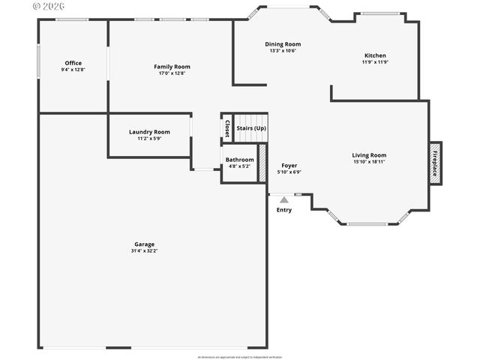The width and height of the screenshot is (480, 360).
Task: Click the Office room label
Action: [x=73, y=63]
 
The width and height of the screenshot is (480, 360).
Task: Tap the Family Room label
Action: [x=172, y=67]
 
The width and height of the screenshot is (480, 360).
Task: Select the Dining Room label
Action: [x=283, y=44]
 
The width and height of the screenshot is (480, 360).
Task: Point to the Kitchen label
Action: [x=376, y=55]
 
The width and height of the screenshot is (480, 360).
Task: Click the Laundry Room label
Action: [x=149, y=132]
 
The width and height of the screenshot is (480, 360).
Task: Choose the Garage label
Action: [x=144, y=244]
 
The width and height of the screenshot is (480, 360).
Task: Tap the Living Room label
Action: [x=369, y=155]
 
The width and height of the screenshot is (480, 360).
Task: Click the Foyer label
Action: [x=289, y=165]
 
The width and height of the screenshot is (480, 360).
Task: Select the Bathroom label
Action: [x=239, y=160]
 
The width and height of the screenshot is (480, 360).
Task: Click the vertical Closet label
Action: [x=227, y=128]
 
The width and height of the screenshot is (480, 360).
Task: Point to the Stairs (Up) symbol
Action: [x=251, y=127]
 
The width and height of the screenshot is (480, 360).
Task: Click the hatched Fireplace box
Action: [x=435, y=163]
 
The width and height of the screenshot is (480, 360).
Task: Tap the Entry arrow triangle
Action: [x=283, y=199]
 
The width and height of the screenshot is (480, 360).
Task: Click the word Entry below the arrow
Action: [x=284, y=210]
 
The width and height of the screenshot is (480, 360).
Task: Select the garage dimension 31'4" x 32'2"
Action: [x=144, y=250]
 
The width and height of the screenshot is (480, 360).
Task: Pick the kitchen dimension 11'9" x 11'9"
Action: [x=376, y=62]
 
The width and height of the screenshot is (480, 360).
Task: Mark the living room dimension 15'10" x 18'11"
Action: [x=369, y=162]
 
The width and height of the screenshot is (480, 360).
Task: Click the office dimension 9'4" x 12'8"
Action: [x=73, y=70]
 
